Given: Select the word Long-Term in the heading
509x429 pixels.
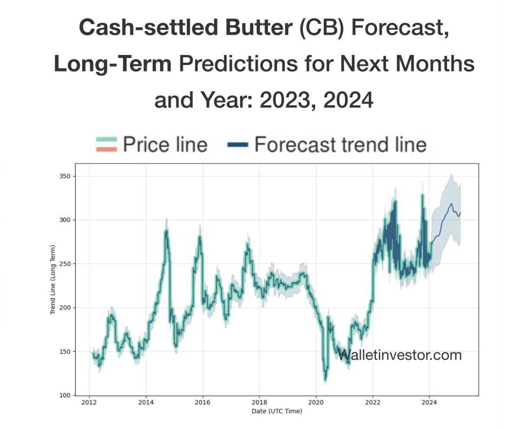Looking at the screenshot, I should (113, 64).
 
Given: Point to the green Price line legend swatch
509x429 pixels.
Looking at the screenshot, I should (106, 140).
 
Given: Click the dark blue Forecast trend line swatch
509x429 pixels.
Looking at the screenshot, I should (237, 144).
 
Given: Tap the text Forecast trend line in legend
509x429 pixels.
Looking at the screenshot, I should (340, 144).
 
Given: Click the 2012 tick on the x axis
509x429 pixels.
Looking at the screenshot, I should (89, 403).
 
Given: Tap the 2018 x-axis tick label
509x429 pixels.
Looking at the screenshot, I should (259, 403).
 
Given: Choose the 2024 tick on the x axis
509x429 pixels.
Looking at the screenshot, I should (429, 403).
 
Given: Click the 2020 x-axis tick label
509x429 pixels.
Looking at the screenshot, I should (316, 403).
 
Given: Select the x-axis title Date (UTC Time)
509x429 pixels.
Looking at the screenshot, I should (277, 411).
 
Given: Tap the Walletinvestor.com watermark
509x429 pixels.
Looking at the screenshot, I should (399, 355).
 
